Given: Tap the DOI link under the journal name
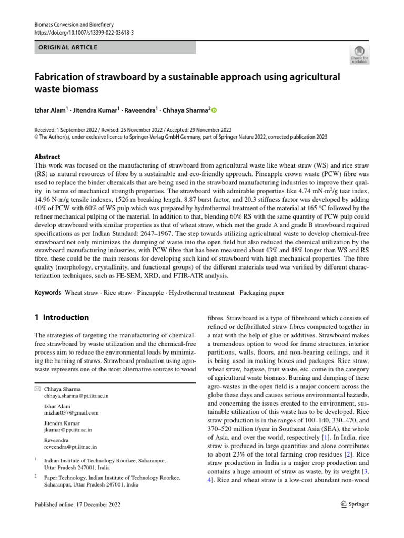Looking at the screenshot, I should pyautogui.click(x=84, y=32).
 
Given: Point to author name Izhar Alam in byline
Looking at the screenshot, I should pyautogui.click(x=50, y=111).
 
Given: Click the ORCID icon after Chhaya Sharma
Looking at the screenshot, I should pyautogui.click(x=214, y=111).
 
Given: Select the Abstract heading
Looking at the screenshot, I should pyautogui.click(x=47, y=157).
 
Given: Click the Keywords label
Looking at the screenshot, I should pyautogui.click(x=48, y=292).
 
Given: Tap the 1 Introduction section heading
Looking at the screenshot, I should pyautogui.click(x=62, y=318).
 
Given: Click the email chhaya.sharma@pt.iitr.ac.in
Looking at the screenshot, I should pyautogui.click(x=76, y=396).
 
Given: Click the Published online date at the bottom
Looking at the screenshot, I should pyautogui.click(x=77, y=505).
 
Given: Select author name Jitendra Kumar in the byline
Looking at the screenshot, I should pyautogui.click(x=90, y=111).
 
